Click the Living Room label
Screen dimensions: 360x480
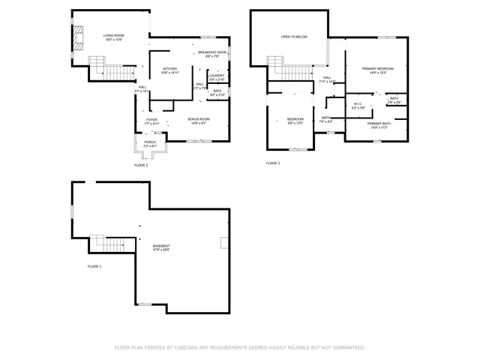(x=112, y=35)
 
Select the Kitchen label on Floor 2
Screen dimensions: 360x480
(x=170, y=70)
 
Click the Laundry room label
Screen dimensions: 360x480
(x=217, y=75)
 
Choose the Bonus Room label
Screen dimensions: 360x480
(x=199, y=119)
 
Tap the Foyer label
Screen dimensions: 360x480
(x=151, y=119)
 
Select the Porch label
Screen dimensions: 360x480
(x=150, y=142)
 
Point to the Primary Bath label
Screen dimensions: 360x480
(x=378, y=124)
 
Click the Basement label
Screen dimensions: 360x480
(x=161, y=246)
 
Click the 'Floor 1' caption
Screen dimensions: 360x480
(x=94, y=266)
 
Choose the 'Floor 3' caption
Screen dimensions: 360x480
(x=273, y=163)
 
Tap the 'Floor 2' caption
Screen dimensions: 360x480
(x=141, y=165)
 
